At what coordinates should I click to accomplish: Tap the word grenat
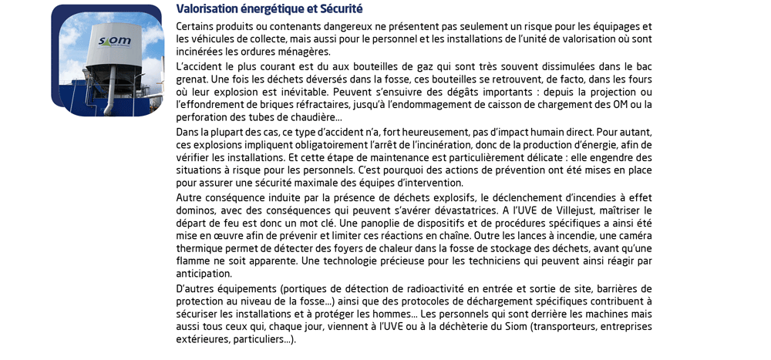click(191, 79)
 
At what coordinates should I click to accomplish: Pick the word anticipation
click(203, 274)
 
